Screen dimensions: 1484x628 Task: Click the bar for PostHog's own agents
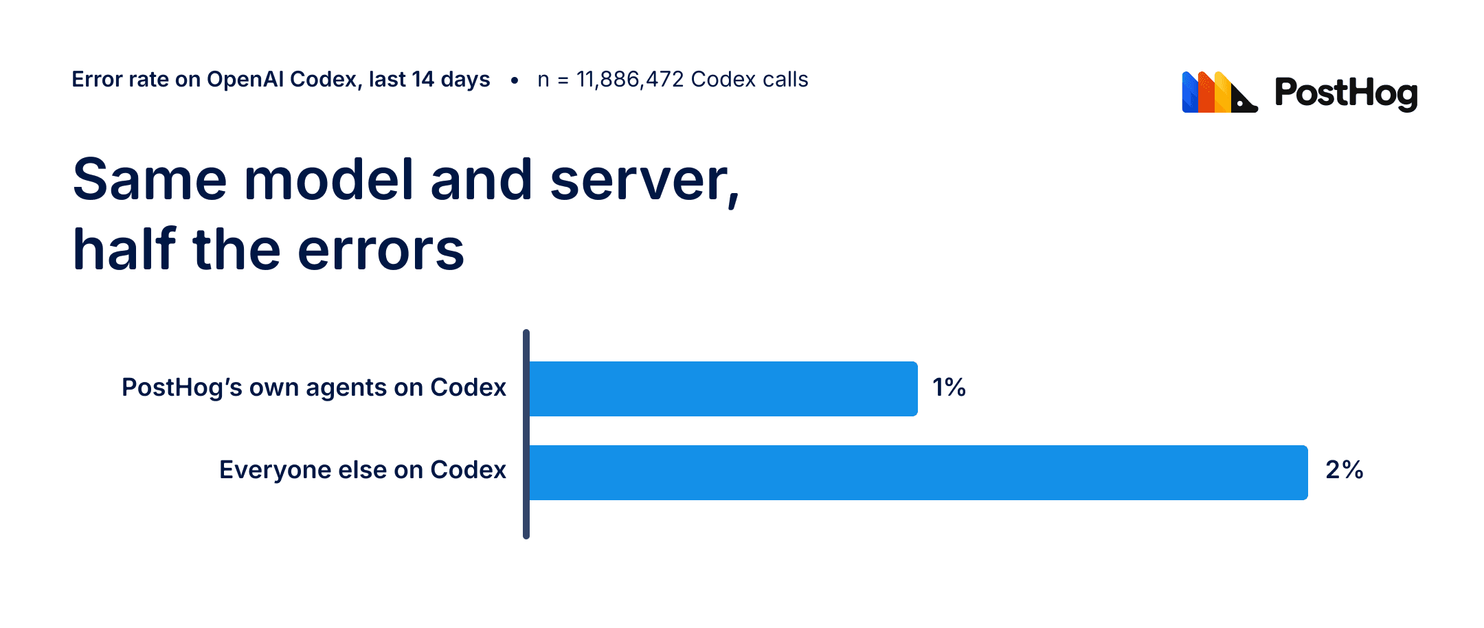pyautogui.click(x=723, y=389)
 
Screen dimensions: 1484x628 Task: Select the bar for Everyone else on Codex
pyautogui.click(x=919, y=473)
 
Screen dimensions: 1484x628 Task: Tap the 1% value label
pyautogui.click(x=949, y=388)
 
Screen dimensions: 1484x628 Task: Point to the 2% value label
pyautogui.click(x=1345, y=470)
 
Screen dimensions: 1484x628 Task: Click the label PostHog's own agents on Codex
pyautogui.click(x=314, y=388)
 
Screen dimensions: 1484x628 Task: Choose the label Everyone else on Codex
pyautogui.click(x=363, y=470)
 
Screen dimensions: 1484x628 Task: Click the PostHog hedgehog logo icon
pyautogui.click(x=1219, y=92)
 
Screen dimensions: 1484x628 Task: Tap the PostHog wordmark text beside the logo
pyautogui.click(x=1346, y=93)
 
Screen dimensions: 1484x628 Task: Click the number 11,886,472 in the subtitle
pyautogui.click(x=630, y=80)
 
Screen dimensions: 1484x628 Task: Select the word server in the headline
pyautogui.click(x=644, y=181)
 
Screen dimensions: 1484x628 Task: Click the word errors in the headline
pyautogui.click(x=381, y=249)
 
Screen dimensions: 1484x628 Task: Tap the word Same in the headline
pyautogui.click(x=150, y=179)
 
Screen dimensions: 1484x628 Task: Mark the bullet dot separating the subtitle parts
pyautogui.click(x=514, y=80)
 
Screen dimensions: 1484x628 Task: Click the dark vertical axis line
pyautogui.click(x=526, y=434)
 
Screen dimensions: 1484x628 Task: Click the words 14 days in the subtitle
pyautogui.click(x=451, y=80)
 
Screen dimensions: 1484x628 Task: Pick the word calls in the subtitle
pyautogui.click(x=785, y=80)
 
